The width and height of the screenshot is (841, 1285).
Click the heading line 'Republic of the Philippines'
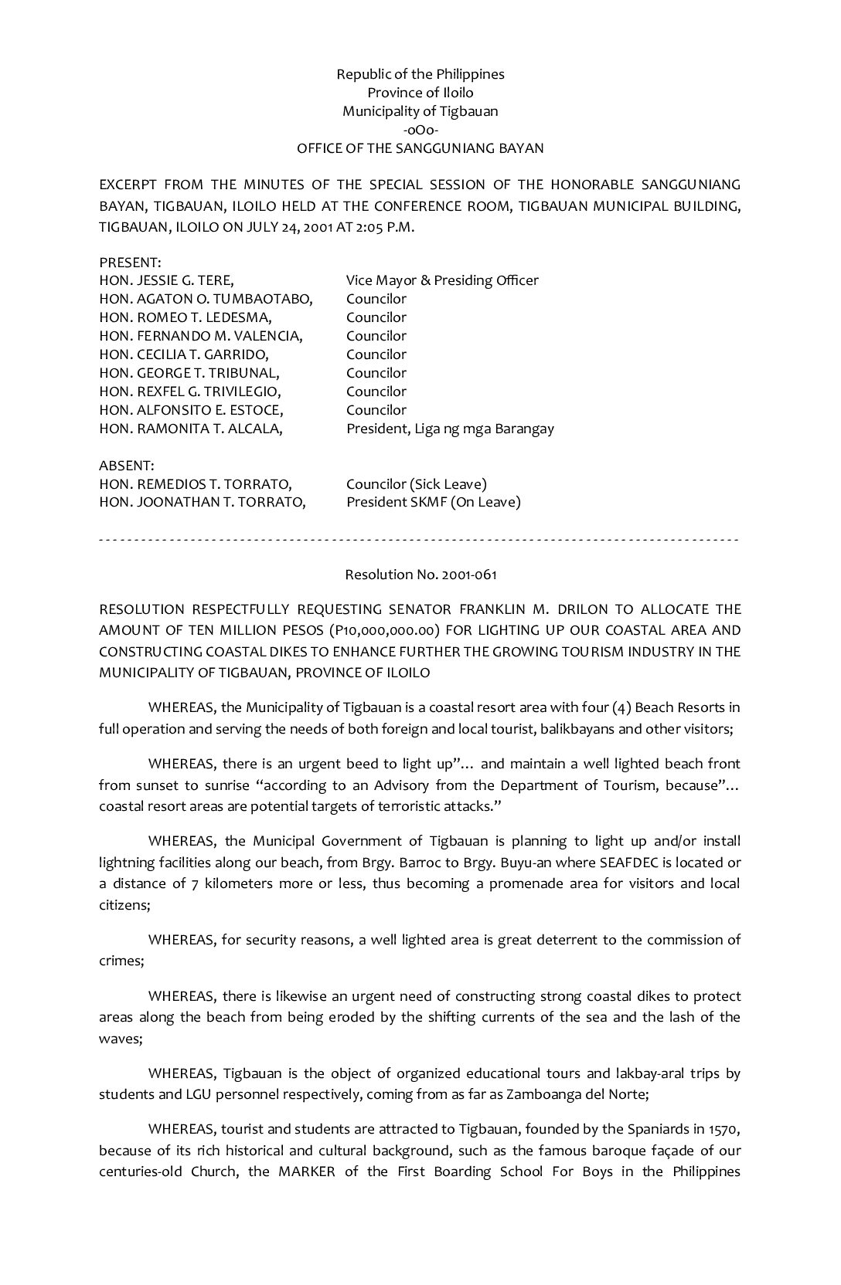click(420, 74)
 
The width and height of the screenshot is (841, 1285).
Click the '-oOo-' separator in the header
click(420, 130)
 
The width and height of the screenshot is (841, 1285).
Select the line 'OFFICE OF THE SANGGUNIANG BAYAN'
click(420, 148)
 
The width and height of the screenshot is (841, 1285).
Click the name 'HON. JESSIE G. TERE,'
click(166, 280)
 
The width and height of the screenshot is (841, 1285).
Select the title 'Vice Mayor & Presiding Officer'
click(442, 280)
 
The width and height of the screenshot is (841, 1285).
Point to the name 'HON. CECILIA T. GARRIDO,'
click(184, 354)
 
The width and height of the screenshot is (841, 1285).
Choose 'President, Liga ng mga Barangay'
click(450, 429)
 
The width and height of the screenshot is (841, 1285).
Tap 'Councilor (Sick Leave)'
click(416, 484)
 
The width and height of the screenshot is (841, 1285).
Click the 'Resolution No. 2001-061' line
click(420, 575)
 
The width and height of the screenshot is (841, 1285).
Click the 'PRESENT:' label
click(130, 263)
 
